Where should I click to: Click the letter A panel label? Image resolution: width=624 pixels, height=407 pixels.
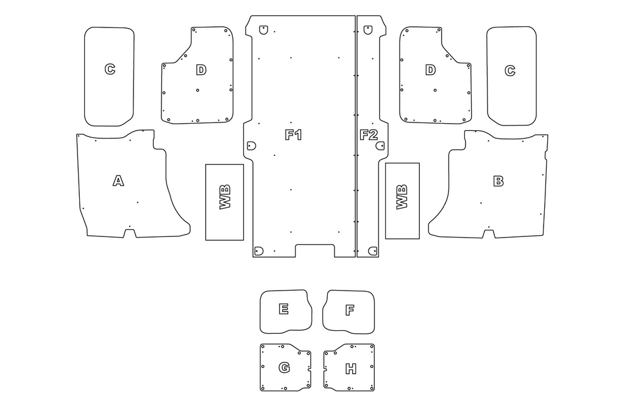(x=118, y=181)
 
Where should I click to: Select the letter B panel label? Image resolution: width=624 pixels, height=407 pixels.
(x=498, y=181)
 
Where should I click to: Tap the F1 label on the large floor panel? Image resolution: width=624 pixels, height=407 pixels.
(x=294, y=135)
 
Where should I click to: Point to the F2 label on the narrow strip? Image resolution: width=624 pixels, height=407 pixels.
(x=369, y=135)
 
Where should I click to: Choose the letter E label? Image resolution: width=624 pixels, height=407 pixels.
(x=283, y=309)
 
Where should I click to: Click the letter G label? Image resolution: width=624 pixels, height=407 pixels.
(x=284, y=367)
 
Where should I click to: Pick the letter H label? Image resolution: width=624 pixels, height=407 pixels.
(x=350, y=369)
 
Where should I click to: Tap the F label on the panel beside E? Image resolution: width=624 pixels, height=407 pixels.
(x=350, y=310)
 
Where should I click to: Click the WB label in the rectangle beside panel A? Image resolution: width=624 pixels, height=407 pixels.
(x=225, y=197)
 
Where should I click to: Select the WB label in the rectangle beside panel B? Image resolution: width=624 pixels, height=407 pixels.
(x=402, y=197)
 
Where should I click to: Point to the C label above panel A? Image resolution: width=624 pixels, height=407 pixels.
(x=110, y=69)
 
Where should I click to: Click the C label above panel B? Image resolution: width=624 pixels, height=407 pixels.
(x=510, y=71)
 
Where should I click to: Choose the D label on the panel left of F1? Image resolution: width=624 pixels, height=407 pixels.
(x=201, y=70)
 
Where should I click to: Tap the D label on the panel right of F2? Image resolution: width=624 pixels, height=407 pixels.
(x=430, y=70)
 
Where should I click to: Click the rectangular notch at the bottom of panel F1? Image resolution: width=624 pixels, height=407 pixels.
(x=315, y=250)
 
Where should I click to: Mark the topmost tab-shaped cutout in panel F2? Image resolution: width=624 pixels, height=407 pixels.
(x=368, y=30)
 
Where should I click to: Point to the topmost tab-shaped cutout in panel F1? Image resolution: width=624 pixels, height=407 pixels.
(x=263, y=30)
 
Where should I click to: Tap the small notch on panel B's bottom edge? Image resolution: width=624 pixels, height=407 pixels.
(x=489, y=233)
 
